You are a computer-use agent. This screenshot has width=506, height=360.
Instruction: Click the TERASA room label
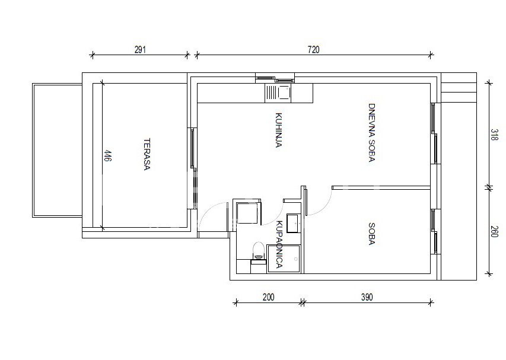(x=147, y=154)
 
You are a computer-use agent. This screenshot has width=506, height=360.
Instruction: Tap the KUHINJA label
(x=279, y=130)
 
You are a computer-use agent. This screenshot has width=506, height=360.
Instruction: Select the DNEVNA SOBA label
(x=371, y=132)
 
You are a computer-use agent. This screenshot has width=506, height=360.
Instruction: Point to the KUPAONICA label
(x=279, y=244)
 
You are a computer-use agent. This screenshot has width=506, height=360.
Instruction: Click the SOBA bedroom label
(x=371, y=234)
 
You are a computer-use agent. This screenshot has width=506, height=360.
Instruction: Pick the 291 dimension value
(x=140, y=50)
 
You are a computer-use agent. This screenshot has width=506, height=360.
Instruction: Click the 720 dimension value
(x=313, y=50)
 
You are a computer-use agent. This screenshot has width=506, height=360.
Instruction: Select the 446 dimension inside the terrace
(x=108, y=155)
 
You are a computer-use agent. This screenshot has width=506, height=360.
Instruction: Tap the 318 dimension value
(x=494, y=135)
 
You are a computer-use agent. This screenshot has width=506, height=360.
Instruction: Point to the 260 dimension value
(x=494, y=231)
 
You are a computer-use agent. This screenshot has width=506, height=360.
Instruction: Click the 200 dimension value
(x=268, y=297)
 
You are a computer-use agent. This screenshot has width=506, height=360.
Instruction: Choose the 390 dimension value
(x=367, y=297)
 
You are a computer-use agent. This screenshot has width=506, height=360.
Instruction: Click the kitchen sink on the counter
(x=278, y=93)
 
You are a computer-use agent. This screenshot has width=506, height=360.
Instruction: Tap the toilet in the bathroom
(x=258, y=251)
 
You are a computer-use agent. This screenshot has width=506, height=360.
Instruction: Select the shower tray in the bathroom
(x=284, y=259)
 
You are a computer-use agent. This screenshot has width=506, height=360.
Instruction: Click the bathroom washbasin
(x=294, y=223)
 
